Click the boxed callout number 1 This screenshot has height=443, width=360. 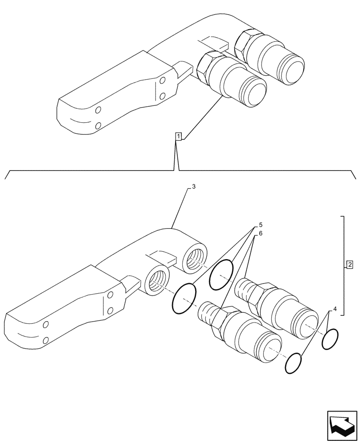178,136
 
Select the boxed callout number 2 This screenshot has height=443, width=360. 350,265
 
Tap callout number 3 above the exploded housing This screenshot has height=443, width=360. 194,187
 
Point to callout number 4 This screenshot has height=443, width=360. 335,308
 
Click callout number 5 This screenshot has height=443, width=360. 260,225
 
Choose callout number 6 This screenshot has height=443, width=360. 260,233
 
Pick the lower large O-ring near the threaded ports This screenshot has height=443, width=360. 184,299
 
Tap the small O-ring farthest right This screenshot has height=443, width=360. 330,338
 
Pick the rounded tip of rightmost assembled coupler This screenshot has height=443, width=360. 292,68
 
